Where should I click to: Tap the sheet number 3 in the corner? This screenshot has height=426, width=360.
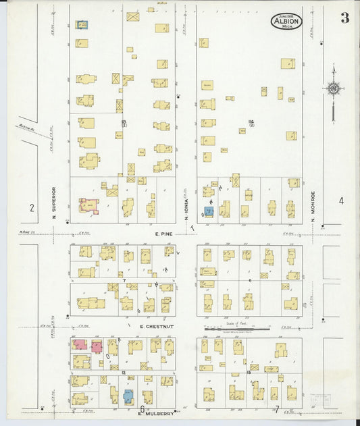[344, 18]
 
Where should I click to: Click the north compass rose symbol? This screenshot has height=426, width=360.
[333, 88]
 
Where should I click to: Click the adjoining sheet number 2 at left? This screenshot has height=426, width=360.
[31, 207]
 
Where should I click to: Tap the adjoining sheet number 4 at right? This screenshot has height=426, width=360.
[341, 201]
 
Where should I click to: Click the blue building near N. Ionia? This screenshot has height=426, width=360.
[209, 211]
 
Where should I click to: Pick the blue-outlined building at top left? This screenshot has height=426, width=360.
[82, 25]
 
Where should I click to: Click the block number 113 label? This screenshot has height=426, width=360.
[124, 123]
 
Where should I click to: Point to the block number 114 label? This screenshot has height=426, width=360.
[251, 123]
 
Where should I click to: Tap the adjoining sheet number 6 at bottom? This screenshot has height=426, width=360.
[142, 409]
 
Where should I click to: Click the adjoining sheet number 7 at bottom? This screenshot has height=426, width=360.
[276, 409]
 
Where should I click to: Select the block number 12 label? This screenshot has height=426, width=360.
[124, 372]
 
